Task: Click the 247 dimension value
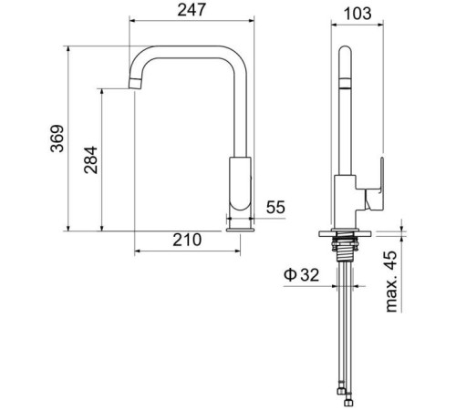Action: (192, 10)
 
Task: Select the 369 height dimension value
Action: (57, 138)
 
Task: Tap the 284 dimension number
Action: (91, 160)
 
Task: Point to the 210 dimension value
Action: (187, 240)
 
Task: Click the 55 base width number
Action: (275, 208)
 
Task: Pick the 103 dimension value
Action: (358, 14)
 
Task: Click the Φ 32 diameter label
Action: (301, 275)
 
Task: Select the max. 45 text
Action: (391, 282)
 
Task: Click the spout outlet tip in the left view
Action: (135, 84)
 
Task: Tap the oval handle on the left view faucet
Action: (240, 183)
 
